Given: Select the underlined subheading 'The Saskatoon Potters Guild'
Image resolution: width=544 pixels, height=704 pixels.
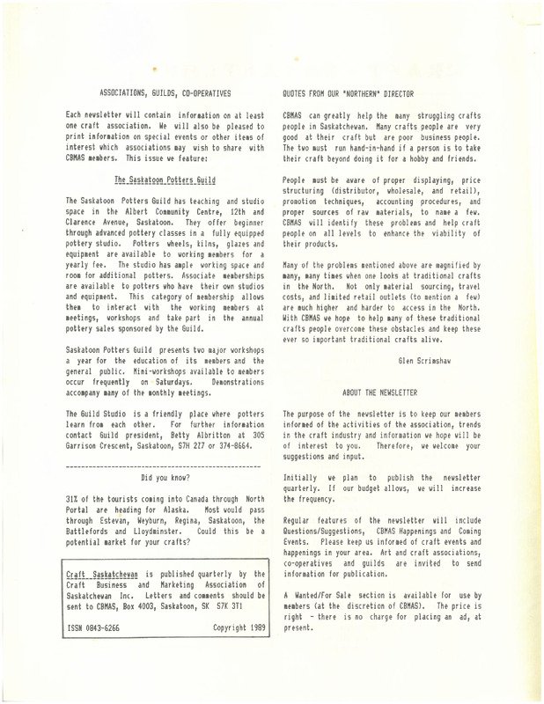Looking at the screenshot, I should [x=165, y=178].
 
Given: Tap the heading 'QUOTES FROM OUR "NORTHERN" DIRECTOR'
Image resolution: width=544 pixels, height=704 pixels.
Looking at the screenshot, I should [x=347, y=92].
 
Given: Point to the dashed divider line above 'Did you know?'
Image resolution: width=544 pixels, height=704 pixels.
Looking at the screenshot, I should [x=165, y=465].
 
